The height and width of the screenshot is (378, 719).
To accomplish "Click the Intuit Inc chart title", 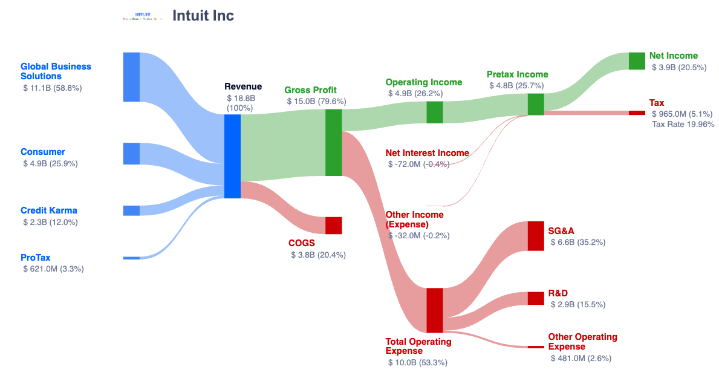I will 203,16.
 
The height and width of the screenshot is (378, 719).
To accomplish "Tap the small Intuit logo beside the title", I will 143,16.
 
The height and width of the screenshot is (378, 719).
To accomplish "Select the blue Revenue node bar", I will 232,156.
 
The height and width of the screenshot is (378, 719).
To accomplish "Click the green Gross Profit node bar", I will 334,143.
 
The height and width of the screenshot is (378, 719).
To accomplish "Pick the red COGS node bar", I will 334,225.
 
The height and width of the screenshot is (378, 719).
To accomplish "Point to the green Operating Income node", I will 435,112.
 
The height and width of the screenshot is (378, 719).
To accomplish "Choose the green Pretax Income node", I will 536,104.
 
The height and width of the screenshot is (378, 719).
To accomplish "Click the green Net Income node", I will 637,61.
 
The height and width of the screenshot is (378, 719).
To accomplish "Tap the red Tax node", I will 637,113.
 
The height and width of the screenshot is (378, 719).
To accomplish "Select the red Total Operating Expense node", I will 435,310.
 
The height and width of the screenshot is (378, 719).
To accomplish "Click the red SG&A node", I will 536,236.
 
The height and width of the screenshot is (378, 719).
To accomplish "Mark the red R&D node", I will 536,298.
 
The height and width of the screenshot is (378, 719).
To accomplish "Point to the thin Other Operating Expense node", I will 536,347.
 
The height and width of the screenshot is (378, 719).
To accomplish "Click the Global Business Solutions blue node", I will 131,77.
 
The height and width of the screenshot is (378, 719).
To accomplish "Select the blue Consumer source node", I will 131,154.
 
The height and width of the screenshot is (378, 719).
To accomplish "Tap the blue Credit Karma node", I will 131,210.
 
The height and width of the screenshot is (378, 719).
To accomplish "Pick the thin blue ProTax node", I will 131,258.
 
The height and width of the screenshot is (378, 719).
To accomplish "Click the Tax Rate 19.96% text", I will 683,125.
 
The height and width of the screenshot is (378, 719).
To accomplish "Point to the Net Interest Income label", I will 427,153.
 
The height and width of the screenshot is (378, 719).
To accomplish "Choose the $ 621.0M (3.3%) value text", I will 53,269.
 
